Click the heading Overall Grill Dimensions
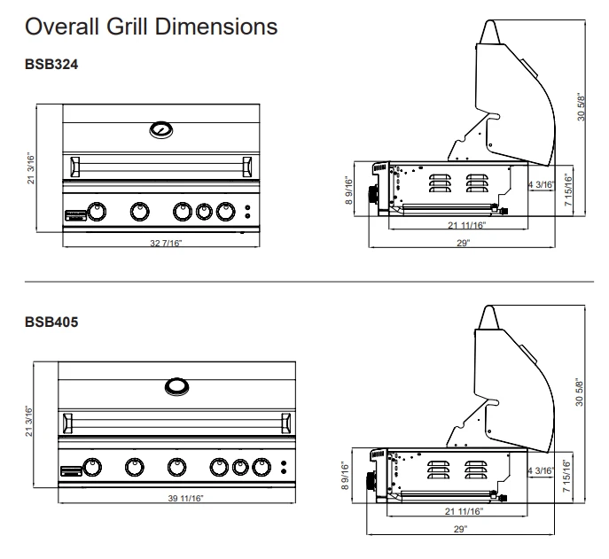tap(152, 27)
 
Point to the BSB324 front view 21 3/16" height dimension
tap(32, 167)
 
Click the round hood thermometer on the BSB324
tap(162, 129)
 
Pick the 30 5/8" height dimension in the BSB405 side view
tap(582, 385)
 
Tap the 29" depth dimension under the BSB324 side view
tap(463, 243)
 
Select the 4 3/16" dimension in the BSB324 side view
tap(542, 185)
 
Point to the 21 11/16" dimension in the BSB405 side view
tap(464, 511)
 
